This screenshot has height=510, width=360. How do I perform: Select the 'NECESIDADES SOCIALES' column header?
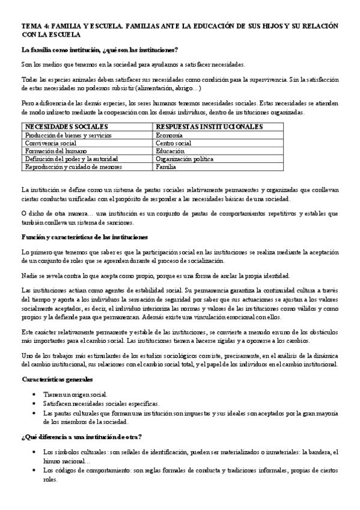click(x=66, y=127)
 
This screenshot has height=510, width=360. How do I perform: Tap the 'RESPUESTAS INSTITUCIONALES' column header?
click(x=209, y=127)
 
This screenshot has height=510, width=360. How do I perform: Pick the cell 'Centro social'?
click(x=174, y=143)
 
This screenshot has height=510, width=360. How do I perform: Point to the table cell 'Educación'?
click(x=171, y=151)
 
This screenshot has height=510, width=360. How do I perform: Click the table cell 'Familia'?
click(x=166, y=167)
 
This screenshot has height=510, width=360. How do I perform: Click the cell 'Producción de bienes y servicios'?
click(x=68, y=135)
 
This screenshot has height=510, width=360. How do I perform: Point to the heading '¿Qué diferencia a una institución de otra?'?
click(x=81, y=436)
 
